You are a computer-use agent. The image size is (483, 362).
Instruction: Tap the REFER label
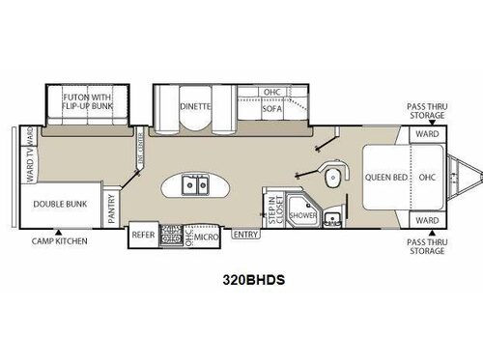144,234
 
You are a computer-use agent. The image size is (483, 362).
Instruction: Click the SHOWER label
300,215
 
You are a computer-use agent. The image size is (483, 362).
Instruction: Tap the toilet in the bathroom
333,177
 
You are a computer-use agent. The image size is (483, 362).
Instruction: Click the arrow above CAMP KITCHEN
57,229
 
